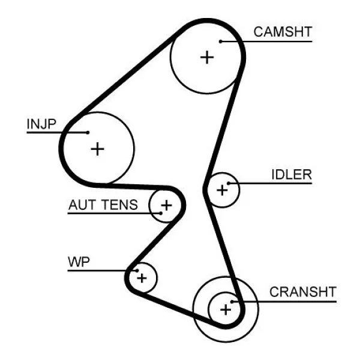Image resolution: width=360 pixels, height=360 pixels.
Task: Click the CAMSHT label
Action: pyautogui.click(x=283, y=32)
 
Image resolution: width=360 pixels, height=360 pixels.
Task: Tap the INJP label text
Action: pyautogui.click(x=41, y=124)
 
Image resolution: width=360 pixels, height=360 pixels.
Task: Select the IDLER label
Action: pyautogui.click(x=292, y=175)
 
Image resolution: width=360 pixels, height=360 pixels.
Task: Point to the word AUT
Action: pyautogui.click(x=82, y=205)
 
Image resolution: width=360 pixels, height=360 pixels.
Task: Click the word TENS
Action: pyautogui.click(x=119, y=205)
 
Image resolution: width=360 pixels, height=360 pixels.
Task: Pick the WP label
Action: pyautogui.click(x=79, y=262)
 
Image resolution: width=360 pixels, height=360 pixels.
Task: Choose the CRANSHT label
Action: pyautogui.click(x=303, y=292)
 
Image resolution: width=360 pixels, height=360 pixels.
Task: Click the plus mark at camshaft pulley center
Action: pyautogui.click(x=207, y=57)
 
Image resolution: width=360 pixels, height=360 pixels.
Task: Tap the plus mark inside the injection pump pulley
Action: pyautogui.click(x=98, y=149)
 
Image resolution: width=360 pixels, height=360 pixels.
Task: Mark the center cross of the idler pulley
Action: pyautogui.click(x=222, y=190)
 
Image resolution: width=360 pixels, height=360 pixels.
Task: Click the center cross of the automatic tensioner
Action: pyautogui.click(x=166, y=205)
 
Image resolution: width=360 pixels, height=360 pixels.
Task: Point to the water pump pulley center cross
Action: pyautogui.click(x=142, y=278)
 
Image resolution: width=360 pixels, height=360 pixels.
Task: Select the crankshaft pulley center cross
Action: pyautogui.click(x=226, y=310)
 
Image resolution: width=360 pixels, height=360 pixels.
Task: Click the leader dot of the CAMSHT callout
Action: pyautogui.click(x=220, y=41)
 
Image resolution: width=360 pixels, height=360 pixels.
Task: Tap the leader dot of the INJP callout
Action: pyautogui.click(x=88, y=133)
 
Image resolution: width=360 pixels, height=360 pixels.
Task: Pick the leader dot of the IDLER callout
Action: pyautogui.click(x=229, y=183)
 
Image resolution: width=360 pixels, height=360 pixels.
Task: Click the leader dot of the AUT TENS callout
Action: pyautogui.click(x=161, y=213)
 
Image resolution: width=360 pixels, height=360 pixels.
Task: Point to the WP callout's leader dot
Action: pyautogui.click(x=137, y=271)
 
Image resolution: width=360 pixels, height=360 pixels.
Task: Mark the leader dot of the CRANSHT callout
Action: pyautogui.click(x=232, y=302)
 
